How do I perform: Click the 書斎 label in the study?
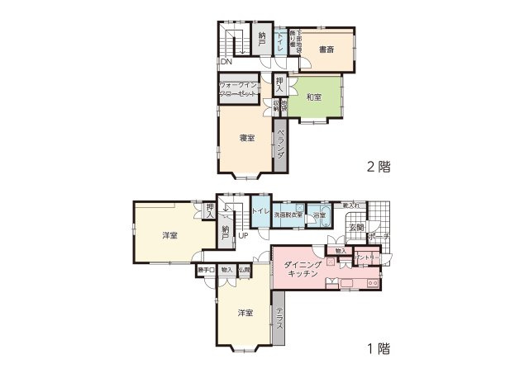pos(326,50)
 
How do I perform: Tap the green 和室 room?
pos(313,97)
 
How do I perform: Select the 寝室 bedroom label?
pos(246,138)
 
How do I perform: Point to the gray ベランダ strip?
pos(281,145)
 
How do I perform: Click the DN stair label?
pos(226,61)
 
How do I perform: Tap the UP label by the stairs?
pos(244,236)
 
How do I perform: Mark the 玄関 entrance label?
pos(356,227)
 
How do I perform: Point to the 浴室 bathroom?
pos(320,216)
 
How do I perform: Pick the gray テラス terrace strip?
pos(279,319)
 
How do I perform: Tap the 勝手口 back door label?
pos(206,269)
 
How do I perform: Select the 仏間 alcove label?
pos(245,269)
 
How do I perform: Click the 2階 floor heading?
pos(379,166)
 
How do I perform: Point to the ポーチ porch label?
pos(381,237)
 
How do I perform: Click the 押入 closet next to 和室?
pos(280,84)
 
